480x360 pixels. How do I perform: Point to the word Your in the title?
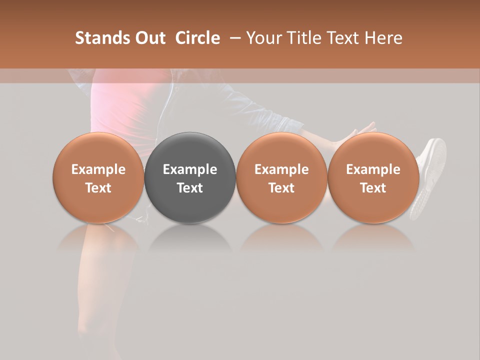pyautogui.click(x=263, y=38)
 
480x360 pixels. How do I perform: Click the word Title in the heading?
pyautogui.click(x=301, y=38)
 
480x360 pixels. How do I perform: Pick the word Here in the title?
pyautogui.click(x=383, y=38)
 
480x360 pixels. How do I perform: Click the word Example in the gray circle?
pyautogui.click(x=190, y=169)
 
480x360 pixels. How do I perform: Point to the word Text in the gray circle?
pyautogui.click(x=190, y=188)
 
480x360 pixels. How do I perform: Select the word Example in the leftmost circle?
pyautogui.click(x=98, y=169)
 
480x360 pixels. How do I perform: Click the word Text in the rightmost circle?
pyautogui.click(x=373, y=188)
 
